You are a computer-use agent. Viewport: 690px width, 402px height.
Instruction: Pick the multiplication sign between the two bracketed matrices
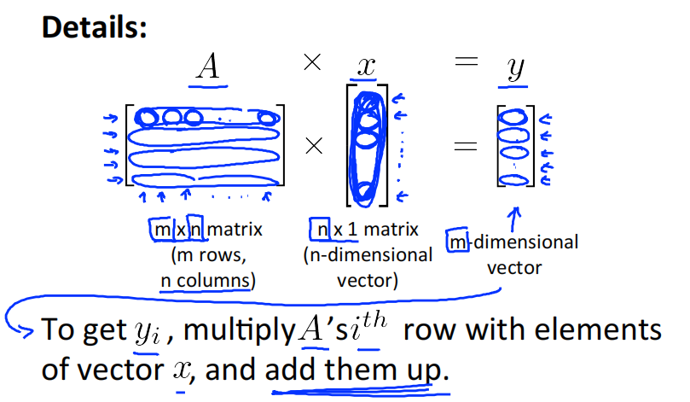(x=314, y=147)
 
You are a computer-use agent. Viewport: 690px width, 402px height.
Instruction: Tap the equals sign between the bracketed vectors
(x=465, y=147)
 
